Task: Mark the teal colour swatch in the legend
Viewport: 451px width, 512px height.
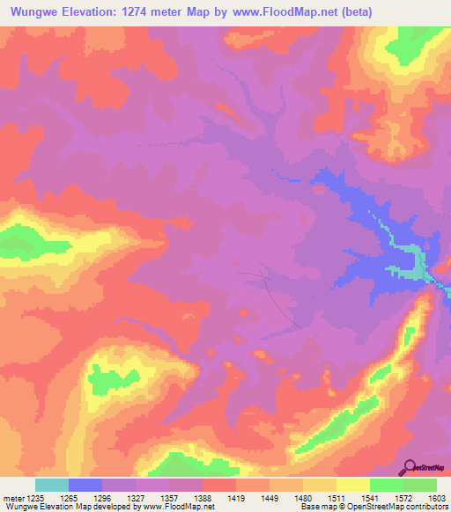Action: pyautogui.click(x=52, y=485)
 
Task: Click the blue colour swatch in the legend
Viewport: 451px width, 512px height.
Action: pyautogui.click(x=85, y=485)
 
